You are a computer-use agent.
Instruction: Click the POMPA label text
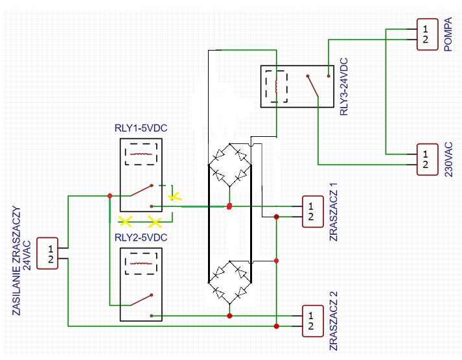point(448,34)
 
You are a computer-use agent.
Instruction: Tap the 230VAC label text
point(448,160)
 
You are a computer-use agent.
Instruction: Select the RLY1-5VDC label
point(141,128)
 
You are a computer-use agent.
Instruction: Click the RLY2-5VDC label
point(141,237)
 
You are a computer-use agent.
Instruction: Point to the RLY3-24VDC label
point(344,87)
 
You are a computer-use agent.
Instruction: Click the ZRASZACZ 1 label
point(333,212)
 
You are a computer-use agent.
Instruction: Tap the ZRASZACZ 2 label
point(333,321)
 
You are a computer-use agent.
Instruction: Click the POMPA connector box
point(427,34)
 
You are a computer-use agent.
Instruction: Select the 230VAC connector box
point(427,160)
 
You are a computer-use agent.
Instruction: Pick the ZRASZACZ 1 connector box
point(313,211)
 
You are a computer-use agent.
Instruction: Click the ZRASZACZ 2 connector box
point(313,321)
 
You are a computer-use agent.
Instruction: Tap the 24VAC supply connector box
point(47,253)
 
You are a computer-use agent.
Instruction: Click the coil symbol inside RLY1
point(141,154)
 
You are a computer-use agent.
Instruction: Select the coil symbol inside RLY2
point(141,263)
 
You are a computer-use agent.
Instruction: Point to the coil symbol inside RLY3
point(277,87)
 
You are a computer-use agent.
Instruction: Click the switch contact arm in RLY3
point(313,86)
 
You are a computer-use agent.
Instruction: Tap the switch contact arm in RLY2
point(141,300)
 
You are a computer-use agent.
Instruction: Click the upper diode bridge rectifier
point(229,165)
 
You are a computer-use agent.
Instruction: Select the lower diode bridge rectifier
point(229,282)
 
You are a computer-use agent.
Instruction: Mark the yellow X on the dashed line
point(175,197)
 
